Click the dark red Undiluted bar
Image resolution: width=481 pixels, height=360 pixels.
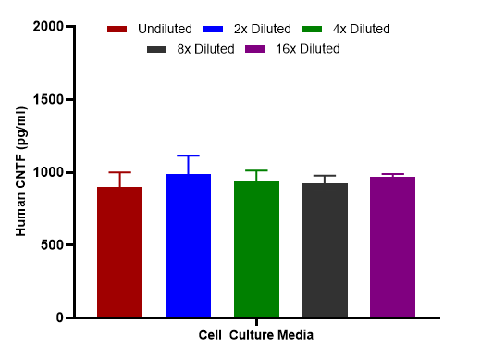point(119,252)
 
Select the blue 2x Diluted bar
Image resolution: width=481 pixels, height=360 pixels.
point(188,245)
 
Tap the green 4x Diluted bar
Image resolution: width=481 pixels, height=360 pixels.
point(256,249)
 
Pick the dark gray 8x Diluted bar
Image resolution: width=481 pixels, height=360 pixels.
point(325,250)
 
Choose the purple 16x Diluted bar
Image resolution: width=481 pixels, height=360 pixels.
point(392,247)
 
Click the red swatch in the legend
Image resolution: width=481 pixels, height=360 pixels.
point(117,30)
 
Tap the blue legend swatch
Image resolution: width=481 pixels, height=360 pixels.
point(213,30)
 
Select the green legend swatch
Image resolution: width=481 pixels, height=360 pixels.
point(312,30)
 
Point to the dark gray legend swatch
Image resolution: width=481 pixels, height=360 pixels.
point(156,49)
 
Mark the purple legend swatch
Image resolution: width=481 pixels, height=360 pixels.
point(254,49)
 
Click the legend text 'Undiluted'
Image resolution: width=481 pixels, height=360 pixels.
point(165,29)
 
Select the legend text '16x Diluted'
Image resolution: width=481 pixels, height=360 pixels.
point(308,49)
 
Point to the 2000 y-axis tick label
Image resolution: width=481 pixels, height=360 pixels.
point(48,27)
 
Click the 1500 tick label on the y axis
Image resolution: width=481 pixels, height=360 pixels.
point(48,100)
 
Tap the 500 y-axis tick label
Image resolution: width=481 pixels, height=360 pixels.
point(52,245)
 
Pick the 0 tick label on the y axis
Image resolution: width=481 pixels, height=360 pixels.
point(60,317)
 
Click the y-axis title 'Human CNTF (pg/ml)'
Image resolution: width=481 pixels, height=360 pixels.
point(21,171)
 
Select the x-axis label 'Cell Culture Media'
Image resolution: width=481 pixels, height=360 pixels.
point(256,335)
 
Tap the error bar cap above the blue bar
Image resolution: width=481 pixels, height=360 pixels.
point(188,155)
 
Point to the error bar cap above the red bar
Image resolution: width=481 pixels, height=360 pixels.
point(119,172)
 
